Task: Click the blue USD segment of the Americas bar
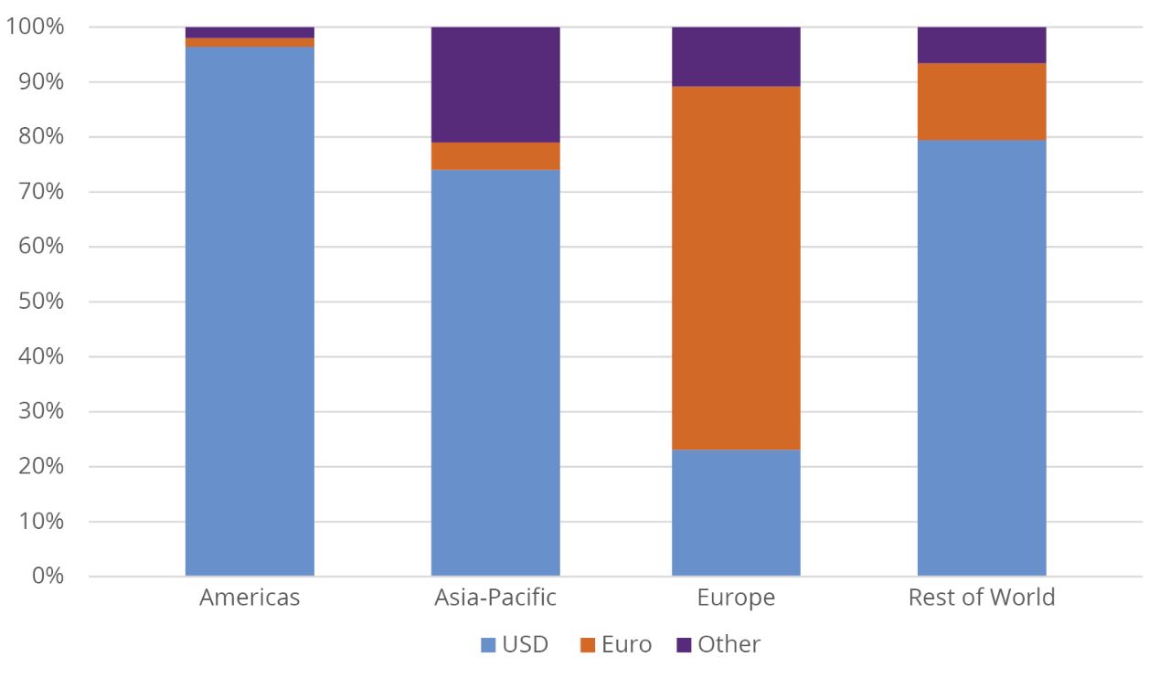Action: tap(250, 311)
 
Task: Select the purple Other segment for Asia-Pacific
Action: tap(495, 84)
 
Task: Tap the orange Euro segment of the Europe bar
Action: tap(736, 268)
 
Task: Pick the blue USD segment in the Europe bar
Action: tap(736, 512)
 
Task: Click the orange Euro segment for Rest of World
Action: tap(982, 101)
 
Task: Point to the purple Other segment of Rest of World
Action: tap(982, 45)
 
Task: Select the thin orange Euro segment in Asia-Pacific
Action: tap(495, 155)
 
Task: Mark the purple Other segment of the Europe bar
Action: tap(736, 57)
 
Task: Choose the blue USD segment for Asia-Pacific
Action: tap(495, 372)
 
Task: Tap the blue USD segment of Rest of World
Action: tap(982, 357)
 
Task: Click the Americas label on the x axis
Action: tap(250, 598)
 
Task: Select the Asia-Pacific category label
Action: tap(495, 598)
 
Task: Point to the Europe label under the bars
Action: tap(736, 598)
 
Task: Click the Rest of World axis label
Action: tap(982, 598)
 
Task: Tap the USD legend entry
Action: tap(515, 644)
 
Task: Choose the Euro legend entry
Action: tap(616, 644)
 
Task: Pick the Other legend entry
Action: tap(718, 644)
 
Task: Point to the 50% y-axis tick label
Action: tap(40, 302)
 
